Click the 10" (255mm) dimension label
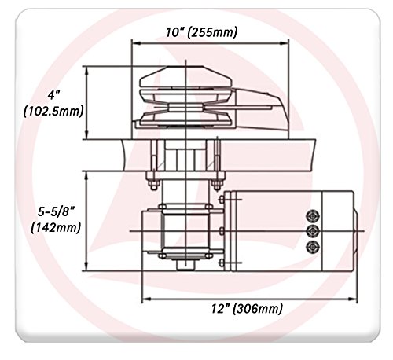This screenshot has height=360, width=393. (201, 32)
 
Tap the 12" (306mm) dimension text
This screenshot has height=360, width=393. (247, 308)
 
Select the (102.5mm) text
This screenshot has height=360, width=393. (53, 112)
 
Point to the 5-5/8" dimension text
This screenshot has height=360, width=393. (57, 211)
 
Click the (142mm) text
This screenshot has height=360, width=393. (56, 227)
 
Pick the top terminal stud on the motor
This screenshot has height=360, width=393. (313, 216)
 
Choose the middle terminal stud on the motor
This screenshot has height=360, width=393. (313, 231)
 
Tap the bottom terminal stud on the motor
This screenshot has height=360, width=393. (313, 246)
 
